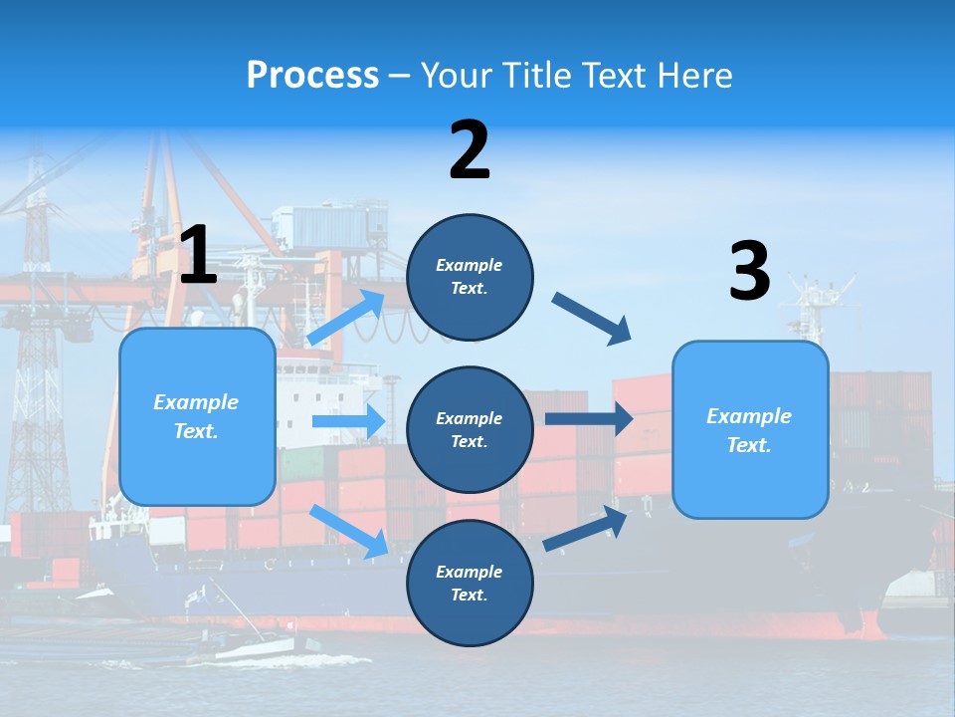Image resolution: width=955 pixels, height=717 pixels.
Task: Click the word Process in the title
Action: tap(312, 76)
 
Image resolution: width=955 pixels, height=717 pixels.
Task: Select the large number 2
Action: tap(470, 150)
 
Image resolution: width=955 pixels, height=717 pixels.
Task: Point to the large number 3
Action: tap(749, 271)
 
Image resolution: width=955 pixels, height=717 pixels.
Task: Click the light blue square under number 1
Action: tap(197, 416)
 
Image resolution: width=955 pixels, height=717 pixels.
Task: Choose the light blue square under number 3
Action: tap(750, 429)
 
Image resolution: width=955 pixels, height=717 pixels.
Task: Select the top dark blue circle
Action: tap(470, 277)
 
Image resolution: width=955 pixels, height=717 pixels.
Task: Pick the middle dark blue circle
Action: tap(470, 430)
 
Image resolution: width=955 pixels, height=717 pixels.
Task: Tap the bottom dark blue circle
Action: tap(470, 584)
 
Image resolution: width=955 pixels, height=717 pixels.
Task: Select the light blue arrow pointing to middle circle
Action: tap(348, 421)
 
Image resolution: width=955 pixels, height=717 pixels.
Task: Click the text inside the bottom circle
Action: tap(470, 584)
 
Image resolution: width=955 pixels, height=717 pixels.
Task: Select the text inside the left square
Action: tap(197, 416)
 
